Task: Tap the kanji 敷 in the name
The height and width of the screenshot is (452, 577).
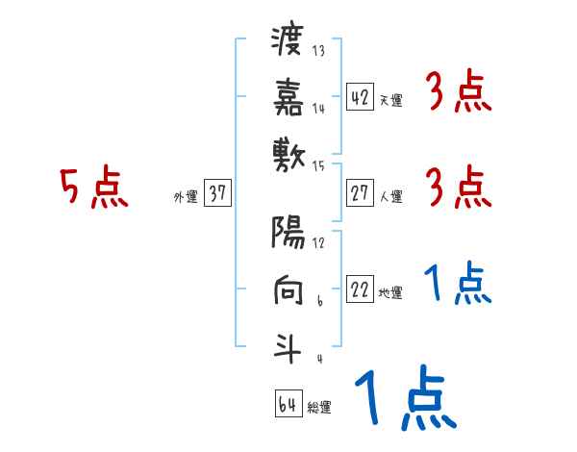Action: (288, 152)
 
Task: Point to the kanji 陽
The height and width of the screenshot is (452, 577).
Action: (288, 234)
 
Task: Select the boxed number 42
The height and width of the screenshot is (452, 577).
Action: (360, 97)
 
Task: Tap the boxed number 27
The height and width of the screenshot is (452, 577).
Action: (360, 193)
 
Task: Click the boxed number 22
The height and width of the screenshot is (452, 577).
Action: (360, 289)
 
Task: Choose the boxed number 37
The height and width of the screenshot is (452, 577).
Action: (217, 193)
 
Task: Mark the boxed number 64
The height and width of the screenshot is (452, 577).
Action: (288, 404)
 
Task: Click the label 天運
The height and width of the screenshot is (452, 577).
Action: (390, 100)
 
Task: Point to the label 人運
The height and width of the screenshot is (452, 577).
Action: (390, 197)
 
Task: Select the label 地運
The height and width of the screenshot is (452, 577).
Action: (390, 293)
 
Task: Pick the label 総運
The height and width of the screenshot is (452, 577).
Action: (319, 408)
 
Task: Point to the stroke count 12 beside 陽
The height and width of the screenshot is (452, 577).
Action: (319, 241)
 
